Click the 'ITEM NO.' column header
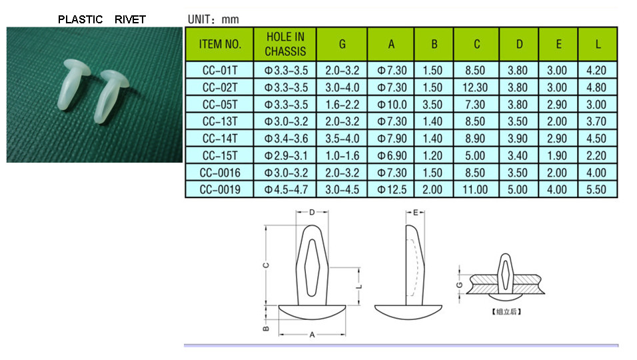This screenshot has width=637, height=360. [220, 44]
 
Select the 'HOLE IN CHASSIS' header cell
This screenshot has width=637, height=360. [285, 44]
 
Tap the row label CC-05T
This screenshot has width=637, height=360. [220, 105]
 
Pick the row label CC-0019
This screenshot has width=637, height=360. [220, 189]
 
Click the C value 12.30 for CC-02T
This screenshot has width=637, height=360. [475, 87]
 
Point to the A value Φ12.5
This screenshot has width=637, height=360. [392, 189]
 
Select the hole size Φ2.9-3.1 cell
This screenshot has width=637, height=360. [286, 155]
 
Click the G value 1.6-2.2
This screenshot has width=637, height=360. [342, 105]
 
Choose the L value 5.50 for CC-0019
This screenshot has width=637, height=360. [596, 189]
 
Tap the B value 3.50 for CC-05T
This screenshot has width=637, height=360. [432, 105]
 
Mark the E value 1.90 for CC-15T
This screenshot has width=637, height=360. [556, 155]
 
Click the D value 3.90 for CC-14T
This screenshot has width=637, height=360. [518, 139]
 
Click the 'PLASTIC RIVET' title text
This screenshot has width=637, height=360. [101, 19]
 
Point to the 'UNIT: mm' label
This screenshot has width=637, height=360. [213, 19]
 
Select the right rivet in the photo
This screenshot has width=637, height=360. [111, 96]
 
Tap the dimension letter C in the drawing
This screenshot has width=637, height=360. [266, 265]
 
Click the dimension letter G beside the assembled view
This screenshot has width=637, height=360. [460, 285]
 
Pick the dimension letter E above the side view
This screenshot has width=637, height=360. [415, 213]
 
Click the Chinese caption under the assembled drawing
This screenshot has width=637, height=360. [506, 311]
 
